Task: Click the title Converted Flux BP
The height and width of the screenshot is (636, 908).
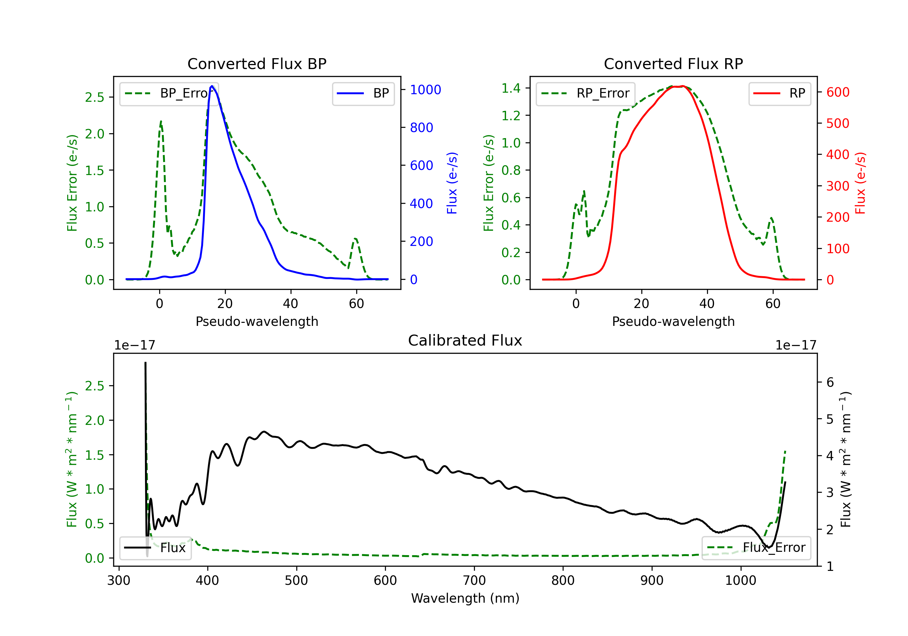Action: (257, 64)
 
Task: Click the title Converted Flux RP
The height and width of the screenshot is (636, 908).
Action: (673, 64)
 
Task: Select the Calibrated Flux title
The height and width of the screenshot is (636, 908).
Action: (465, 340)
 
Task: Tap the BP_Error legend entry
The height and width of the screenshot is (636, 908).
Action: (169, 93)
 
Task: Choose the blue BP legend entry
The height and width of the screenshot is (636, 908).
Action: (363, 93)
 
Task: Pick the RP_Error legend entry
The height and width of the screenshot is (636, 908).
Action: (585, 93)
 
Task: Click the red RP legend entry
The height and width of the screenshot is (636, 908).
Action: (779, 93)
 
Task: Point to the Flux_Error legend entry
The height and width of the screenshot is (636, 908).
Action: (756, 548)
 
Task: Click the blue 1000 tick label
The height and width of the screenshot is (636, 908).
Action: (426, 90)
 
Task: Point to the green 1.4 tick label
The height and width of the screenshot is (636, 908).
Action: (511, 88)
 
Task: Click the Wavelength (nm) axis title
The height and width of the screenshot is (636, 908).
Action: (465, 598)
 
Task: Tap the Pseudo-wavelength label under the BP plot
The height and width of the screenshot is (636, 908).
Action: (257, 321)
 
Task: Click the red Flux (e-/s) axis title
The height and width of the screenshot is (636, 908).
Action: (860, 183)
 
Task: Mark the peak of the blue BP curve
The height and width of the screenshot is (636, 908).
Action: (212, 86)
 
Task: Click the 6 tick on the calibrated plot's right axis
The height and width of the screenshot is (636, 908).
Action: (830, 382)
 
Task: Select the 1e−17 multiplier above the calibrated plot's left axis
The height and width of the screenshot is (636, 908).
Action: (134, 345)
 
